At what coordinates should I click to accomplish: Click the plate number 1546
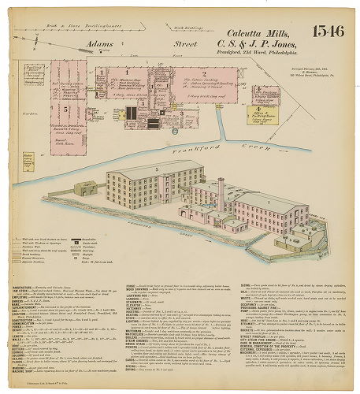[x=327, y=32]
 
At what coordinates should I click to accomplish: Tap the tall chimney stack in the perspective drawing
[x=221, y=193]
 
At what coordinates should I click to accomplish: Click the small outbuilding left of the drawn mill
[x=84, y=189]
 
